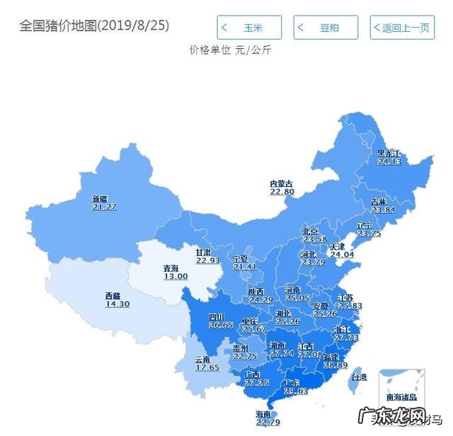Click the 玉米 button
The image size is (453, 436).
(248, 28)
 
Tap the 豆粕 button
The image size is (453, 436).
(325, 28)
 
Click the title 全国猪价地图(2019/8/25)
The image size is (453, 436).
(94, 25)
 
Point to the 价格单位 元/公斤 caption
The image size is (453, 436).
(230, 50)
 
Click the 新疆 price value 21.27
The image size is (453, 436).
(104, 207)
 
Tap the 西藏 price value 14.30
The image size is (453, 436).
(117, 304)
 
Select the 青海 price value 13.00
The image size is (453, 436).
(176, 276)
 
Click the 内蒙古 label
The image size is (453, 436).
(281, 183)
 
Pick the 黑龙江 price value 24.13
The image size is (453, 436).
(389, 161)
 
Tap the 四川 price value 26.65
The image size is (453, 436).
(220, 325)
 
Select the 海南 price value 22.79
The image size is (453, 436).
(267, 423)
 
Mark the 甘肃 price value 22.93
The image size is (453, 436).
(208, 260)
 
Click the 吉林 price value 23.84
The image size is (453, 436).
(383, 210)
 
